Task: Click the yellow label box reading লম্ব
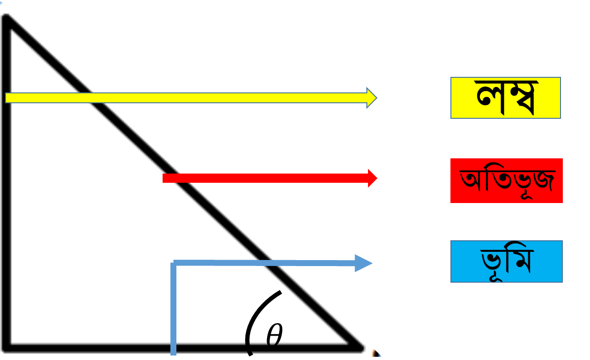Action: pyautogui.click(x=505, y=98)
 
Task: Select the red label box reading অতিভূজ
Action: pyautogui.click(x=506, y=180)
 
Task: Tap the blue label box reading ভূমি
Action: pyautogui.click(x=506, y=261)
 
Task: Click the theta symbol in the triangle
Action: pyautogui.click(x=275, y=335)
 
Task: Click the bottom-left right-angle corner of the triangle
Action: pyautogui.click(x=6, y=348)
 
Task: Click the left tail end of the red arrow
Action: pyautogui.click(x=163, y=178)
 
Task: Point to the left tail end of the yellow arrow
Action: pyautogui.click(x=6, y=98)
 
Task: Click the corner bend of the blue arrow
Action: pyautogui.click(x=174, y=263)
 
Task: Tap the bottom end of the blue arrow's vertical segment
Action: pyautogui.click(x=173, y=355)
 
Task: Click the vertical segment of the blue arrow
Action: pyautogui.click(x=173, y=308)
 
